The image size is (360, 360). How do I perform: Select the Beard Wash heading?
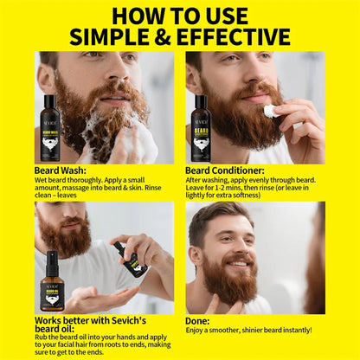60,170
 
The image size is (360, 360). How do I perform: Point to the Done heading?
200,319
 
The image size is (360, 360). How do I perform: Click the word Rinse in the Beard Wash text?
154,190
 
